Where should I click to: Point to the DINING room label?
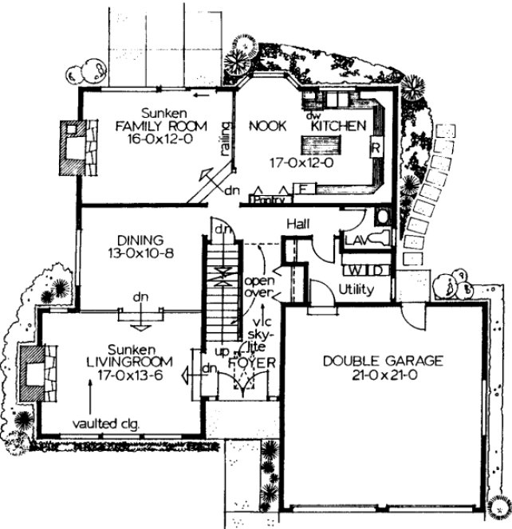click(140, 239)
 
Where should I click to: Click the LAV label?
click(353, 239)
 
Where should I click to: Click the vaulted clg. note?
click(106, 425)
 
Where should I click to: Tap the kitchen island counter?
click(320, 145)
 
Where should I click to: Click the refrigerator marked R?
click(372, 149)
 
